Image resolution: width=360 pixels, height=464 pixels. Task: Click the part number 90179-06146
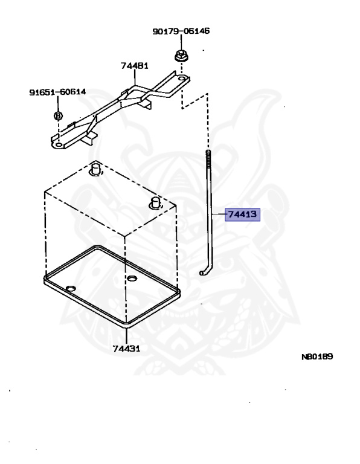point(181,31)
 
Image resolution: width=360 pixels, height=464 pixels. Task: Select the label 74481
point(135,66)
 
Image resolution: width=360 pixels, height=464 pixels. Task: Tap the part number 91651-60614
point(57,92)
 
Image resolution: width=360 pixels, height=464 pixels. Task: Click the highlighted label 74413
point(243,214)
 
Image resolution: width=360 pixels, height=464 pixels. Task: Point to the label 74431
point(126,349)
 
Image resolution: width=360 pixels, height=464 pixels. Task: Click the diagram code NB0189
point(317,356)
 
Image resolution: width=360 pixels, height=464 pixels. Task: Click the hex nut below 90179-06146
point(181,56)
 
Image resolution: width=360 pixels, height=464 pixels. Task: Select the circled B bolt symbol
point(58,115)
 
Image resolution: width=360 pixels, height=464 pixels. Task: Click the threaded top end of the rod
point(208,157)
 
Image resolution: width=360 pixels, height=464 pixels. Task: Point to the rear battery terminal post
point(95,168)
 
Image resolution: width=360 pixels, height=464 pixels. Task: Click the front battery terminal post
point(156,203)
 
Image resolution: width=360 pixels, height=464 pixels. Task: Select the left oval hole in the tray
point(71,289)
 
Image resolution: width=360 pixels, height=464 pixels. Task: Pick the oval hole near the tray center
point(132,279)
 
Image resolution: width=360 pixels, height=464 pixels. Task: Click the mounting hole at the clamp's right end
point(182,79)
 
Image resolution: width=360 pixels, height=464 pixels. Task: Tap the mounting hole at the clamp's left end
point(59,145)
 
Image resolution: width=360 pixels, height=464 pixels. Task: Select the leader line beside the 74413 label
point(219,214)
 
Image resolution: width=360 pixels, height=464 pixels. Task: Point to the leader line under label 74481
point(135,78)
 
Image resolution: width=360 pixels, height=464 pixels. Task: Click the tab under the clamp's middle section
point(146,103)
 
